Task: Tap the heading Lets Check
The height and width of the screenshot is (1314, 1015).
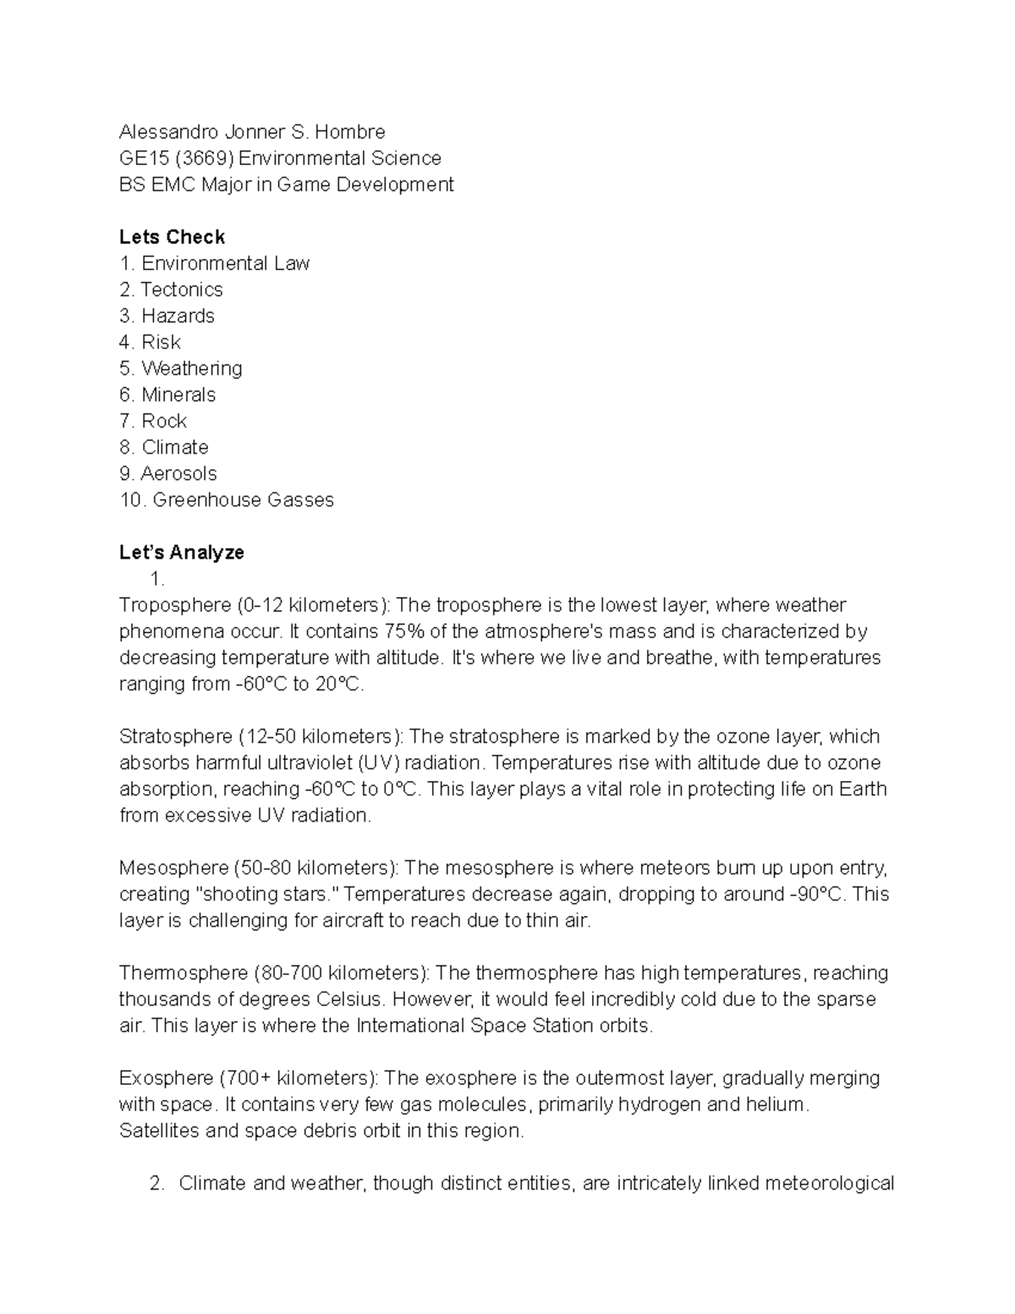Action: (x=172, y=237)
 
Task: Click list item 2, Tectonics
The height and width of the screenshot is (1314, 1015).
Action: (x=181, y=289)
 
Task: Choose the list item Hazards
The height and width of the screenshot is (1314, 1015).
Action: (x=178, y=316)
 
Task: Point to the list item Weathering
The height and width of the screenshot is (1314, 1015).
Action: (x=191, y=368)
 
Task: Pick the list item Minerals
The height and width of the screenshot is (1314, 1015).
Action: (x=178, y=394)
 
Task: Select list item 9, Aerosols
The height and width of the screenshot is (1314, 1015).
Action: (x=178, y=473)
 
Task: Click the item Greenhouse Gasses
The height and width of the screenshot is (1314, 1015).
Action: (x=243, y=500)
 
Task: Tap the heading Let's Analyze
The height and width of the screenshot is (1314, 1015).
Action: (x=182, y=553)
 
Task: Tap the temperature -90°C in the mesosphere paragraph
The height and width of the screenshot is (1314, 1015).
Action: (x=817, y=894)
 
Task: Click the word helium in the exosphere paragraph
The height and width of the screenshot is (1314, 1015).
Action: (x=776, y=1104)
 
